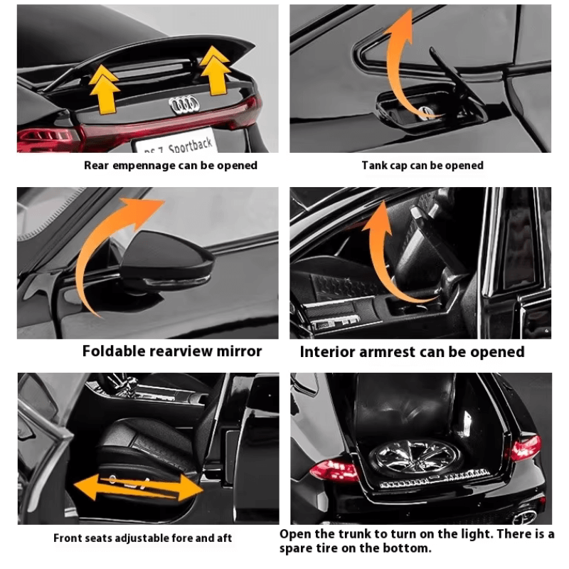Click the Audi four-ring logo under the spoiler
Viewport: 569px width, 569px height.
click(184, 105)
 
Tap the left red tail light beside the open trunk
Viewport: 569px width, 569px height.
click(334, 470)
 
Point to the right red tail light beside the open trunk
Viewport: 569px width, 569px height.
click(526, 447)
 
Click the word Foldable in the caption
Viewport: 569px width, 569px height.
click(114, 351)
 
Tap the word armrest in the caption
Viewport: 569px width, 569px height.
click(387, 352)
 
